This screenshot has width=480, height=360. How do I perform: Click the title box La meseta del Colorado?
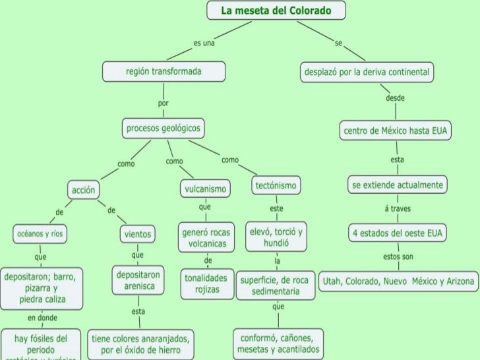point(276,11)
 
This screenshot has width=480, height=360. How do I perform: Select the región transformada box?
point(164,71)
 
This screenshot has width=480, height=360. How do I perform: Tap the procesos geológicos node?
point(164,128)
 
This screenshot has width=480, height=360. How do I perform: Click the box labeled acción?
point(84,191)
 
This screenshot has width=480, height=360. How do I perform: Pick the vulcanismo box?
point(204,190)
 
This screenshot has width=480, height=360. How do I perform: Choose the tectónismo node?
point(276,187)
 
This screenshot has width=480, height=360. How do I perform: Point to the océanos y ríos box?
point(41,233)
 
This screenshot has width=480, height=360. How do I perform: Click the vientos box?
point(137,233)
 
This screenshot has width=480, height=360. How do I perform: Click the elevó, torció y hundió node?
point(276,237)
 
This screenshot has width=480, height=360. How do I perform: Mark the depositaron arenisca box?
point(138,280)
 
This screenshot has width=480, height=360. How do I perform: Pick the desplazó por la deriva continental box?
point(367,71)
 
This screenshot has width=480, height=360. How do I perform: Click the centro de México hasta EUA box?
point(396,131)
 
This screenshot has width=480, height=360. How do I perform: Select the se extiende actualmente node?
point(397,184)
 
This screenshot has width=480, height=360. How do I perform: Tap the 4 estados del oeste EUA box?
point(398,233)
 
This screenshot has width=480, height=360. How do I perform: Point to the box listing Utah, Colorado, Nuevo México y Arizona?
point(398,282)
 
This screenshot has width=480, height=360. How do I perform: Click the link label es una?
point(204,43)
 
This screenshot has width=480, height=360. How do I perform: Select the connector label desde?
point(395,98)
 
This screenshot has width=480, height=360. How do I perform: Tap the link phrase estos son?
point(398,256)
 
